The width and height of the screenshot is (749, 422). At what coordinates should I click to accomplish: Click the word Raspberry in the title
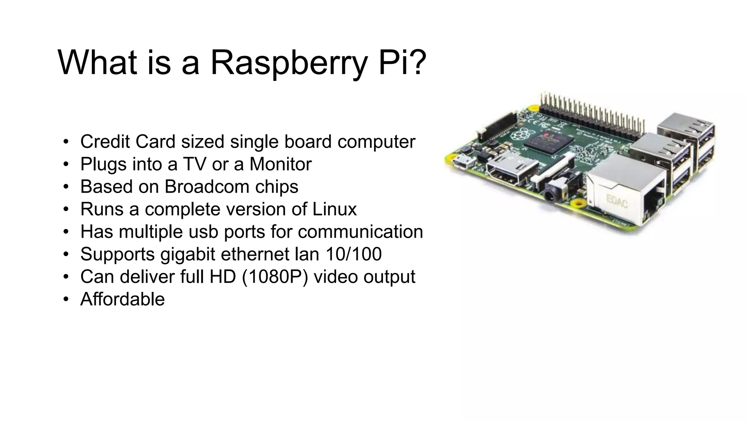288,63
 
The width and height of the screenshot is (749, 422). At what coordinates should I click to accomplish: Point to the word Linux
334,209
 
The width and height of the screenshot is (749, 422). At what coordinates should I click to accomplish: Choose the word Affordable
123,299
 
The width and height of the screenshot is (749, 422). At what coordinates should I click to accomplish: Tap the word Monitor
281,164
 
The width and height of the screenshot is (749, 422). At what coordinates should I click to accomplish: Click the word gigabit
188,254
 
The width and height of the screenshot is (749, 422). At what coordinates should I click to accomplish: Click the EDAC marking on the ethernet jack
617,201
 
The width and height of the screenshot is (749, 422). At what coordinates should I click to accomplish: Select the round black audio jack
550,196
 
